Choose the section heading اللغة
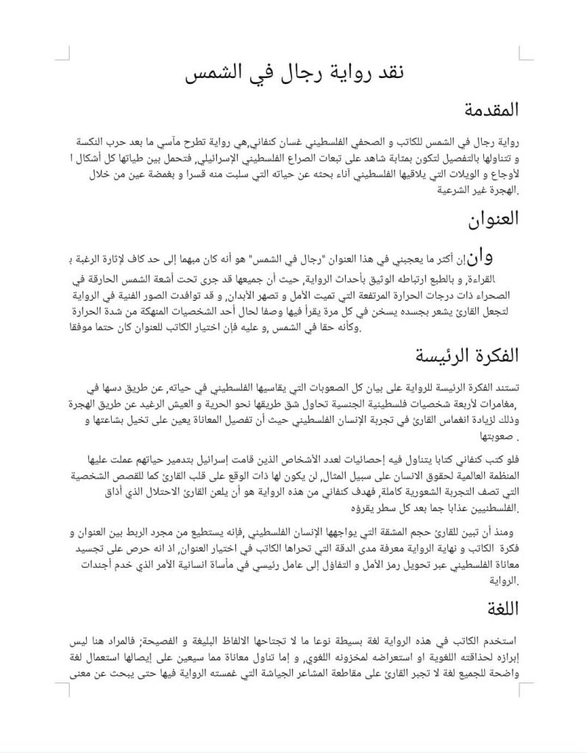tap(502, 609)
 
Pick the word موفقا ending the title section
tap(88, 328)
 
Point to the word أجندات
tap(90, 563)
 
